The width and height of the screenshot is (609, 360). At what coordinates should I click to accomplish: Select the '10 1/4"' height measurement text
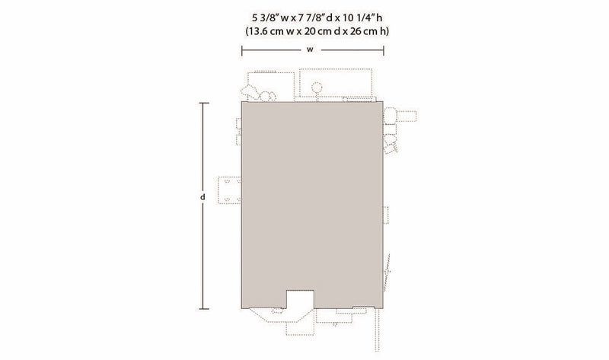(x=359, y=18)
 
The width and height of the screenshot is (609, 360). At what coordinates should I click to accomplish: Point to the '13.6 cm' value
(x=265, y=31)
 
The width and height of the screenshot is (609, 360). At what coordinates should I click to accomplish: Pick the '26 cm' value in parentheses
(x=364, y=31)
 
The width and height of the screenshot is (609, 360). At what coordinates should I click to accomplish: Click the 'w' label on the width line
(x=310, y=49)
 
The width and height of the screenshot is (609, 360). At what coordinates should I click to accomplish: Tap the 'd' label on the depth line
(x=202, y=197)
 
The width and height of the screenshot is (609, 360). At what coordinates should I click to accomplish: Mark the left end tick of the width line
(x=242, y=50)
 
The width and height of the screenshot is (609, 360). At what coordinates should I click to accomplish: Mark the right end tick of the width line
(x=384, y=50)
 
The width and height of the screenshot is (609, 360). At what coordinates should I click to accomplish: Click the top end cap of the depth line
(x=204, y=103)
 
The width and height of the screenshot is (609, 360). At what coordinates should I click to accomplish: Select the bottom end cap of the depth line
(x=204, y=309)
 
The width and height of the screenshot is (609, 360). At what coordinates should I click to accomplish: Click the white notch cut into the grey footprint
(x=300, y=299)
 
